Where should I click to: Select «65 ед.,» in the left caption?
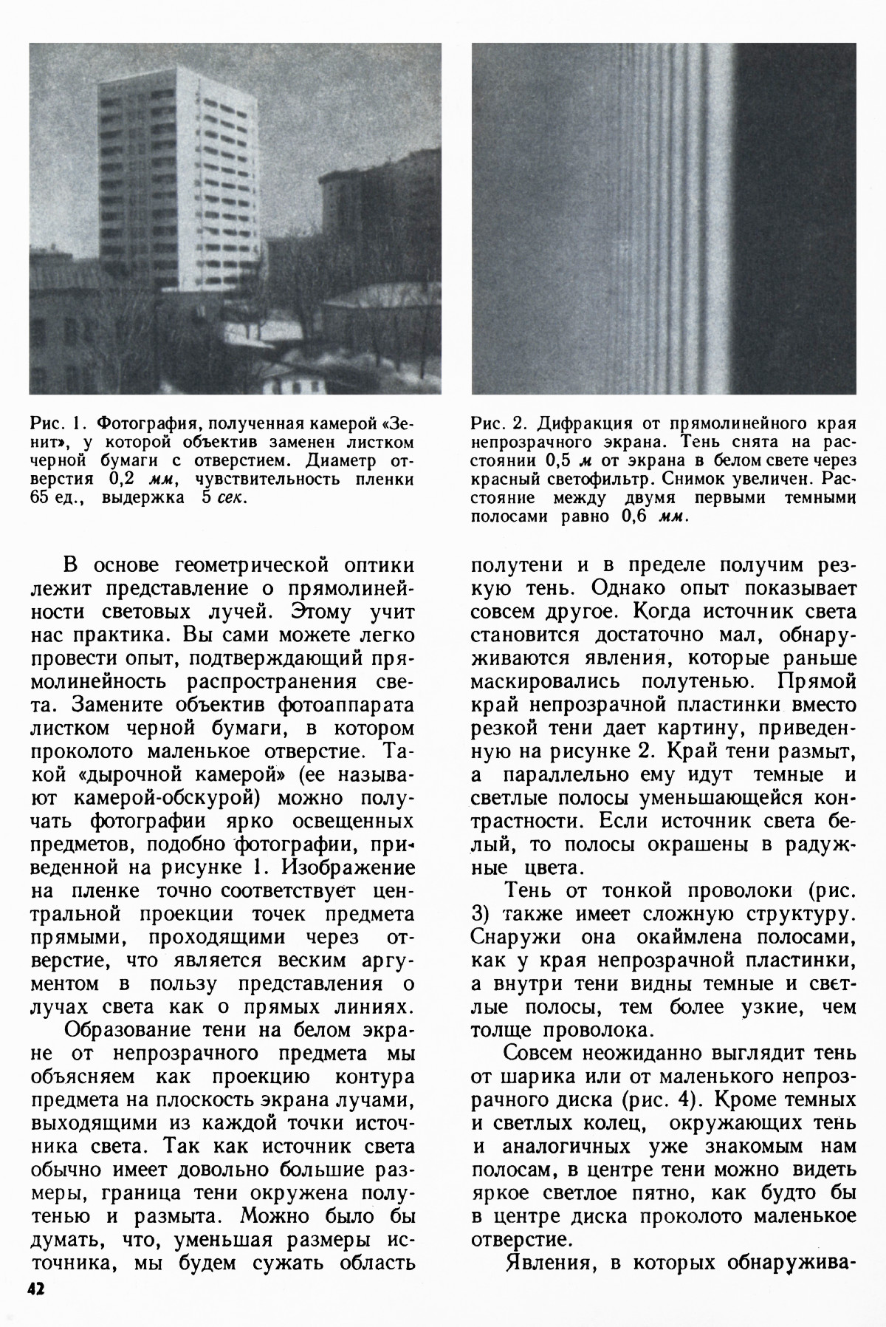(59, 497)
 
